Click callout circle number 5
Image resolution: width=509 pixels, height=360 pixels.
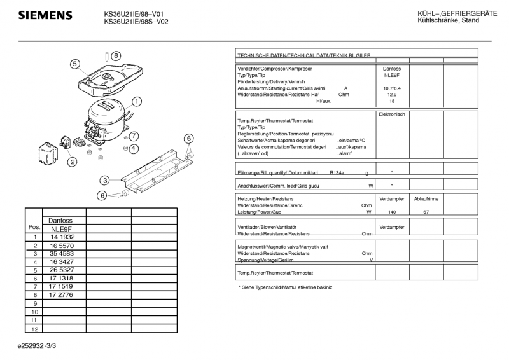[x=74, y=64]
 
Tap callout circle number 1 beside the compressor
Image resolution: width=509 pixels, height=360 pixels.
[x=137, y=101]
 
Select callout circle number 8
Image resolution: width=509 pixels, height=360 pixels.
[x=116, y=56]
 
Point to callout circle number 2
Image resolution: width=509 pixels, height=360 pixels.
[x=73, y=162]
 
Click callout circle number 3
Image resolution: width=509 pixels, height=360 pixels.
[x=105, y=180]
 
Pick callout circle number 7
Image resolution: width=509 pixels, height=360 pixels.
[x=134, y=135]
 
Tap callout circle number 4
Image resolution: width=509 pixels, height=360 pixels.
[x=134, y=148]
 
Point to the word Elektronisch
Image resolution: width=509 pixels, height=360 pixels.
[x=391, y=114]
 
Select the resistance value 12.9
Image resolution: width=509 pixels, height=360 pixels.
[x=391, y=94]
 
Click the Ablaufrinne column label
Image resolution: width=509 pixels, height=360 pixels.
[x=426, y=199]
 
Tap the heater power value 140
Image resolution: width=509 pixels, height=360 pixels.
[x=391, y=212]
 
